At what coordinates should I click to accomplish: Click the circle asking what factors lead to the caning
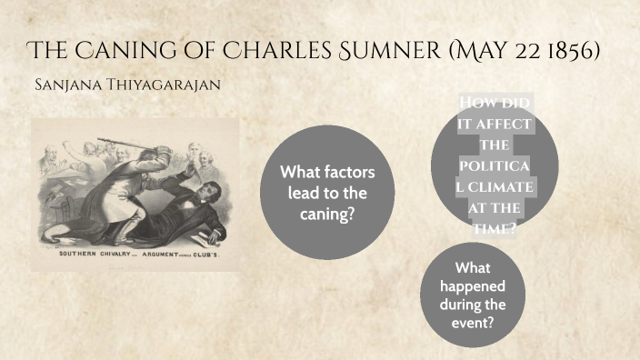(x=327, y=192)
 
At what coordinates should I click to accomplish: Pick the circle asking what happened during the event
(x=474, y=295)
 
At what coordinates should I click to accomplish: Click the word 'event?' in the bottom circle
(x=474, y=322)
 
